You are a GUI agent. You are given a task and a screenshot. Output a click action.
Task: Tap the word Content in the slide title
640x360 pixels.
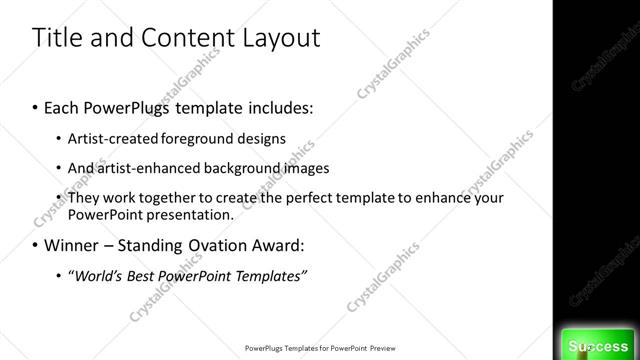point(184,39)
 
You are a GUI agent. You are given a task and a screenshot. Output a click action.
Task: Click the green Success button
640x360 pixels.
point(597,345)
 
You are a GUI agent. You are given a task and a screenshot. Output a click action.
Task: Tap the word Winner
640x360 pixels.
point(75,244)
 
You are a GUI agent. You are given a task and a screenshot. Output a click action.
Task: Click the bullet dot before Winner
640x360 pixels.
point(37,245)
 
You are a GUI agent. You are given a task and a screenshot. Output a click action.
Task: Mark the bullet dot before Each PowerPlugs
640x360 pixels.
point(37,106)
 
